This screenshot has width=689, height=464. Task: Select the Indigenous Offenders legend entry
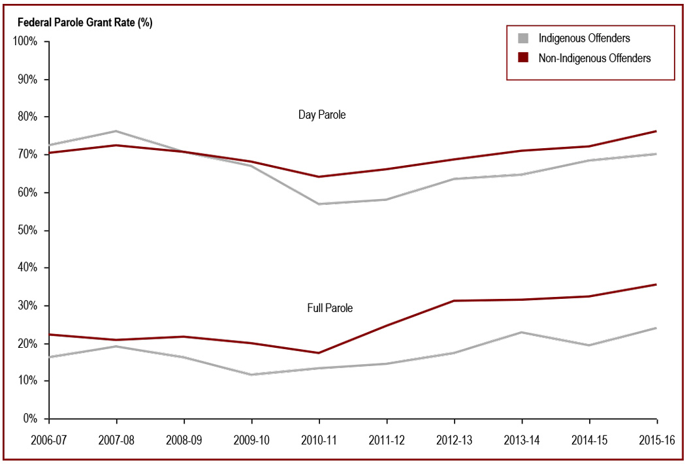click(584, 39)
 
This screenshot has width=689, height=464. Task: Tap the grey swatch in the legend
click(523, 39)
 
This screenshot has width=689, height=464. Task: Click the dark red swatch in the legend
click(523, 58)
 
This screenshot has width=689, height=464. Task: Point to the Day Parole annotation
click(322, 115)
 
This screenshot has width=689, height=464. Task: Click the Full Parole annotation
click(330, 307)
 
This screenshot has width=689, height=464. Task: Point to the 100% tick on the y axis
click(28, 42)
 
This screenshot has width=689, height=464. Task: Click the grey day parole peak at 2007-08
click(116, 131)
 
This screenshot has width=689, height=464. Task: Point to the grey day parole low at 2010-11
click(319, 204)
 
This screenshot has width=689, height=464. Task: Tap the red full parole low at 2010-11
click(319, 353)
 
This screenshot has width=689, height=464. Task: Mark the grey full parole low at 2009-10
click(251, 375)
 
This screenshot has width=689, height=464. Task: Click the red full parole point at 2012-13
click(454, 301)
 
